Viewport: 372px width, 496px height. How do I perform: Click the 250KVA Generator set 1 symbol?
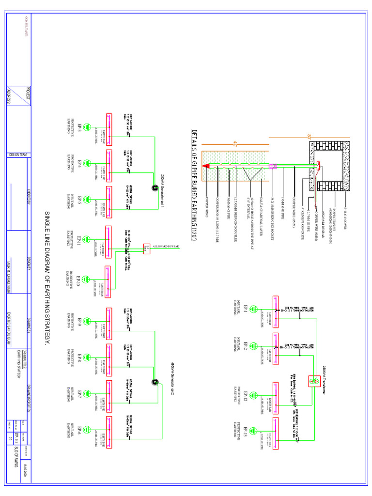[155, 188]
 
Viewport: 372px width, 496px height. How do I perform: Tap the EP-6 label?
[80, 429]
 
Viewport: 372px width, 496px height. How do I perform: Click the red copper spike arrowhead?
[205, 166]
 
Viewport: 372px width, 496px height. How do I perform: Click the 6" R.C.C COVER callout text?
[345, 209]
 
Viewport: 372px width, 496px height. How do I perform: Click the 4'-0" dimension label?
[235, 143]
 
